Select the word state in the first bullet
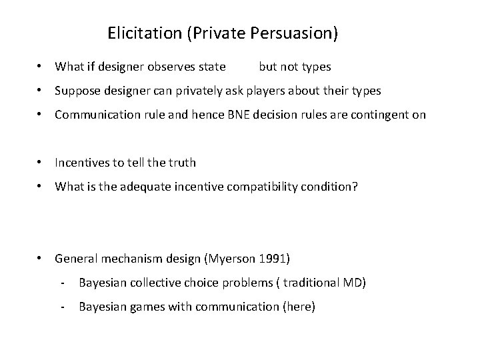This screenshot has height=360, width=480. pyautogui.click(x=211, y=67)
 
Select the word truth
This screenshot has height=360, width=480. pyautogui.click(x=181, y=163)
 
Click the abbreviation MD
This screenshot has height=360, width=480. pyautogui.click(x=353, y=283)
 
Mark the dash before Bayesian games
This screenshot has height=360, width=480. pyautogui.click(x=62, y=307)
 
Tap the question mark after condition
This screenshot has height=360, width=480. pyautogui.click(x=355, y=187)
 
